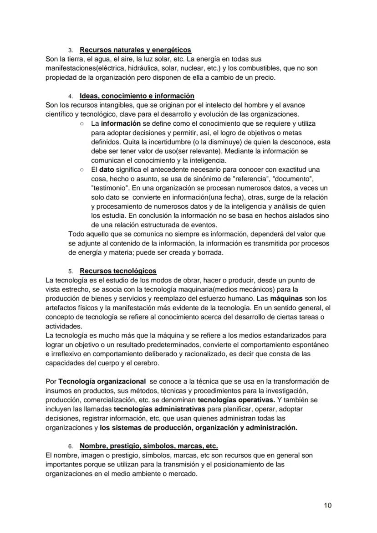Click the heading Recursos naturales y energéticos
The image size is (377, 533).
click(135, 50)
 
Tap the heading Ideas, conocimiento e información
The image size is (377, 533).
click(137, 96)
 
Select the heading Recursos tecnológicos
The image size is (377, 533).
click(118, 271)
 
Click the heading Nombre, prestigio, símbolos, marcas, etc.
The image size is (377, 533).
click(148, 446)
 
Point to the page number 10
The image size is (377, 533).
click(327, 505)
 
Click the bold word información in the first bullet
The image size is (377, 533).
click(121, 123)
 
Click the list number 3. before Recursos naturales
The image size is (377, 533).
click(71, 50)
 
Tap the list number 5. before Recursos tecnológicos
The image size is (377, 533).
click(71, 272)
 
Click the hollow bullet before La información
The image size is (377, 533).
click(81, 123)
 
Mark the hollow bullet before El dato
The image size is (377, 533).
click(81, 169)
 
